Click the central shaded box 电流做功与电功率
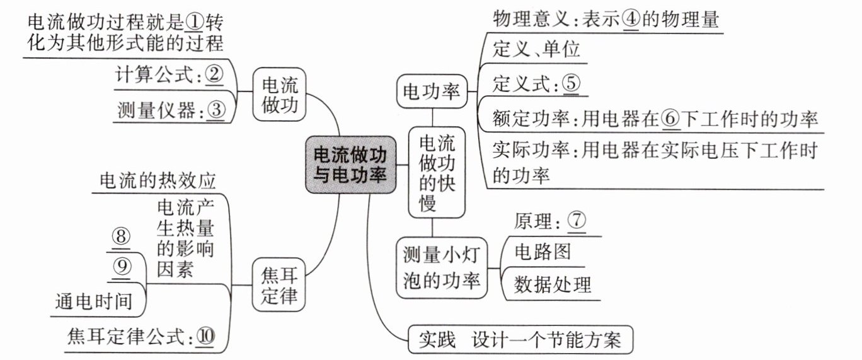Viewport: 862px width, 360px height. point(350,165)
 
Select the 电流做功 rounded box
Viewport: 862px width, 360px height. point(279,95)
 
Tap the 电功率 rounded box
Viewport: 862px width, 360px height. point(432,91)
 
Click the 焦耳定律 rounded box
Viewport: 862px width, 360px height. point(279,285)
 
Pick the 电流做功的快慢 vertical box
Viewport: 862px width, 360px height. point(437,172)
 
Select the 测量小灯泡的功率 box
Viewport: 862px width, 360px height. point(442,268)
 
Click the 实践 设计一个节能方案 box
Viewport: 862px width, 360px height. point(520,340)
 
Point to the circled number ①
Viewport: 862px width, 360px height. point(194,22)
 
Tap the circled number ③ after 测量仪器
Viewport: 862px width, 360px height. point(216,110)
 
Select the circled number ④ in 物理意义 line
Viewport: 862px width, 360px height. point(631,20)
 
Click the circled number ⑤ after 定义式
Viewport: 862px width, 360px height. point(572,83)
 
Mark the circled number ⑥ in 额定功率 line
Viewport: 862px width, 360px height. point(670,119)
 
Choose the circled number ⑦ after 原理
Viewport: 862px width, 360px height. point(577,220)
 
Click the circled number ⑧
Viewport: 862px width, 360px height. point(121,236)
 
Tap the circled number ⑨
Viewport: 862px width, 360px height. point(122,266)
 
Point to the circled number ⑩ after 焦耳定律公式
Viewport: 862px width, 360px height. point(205,336)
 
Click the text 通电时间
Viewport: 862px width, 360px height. point(94,301)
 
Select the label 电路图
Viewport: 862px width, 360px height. point(543,252)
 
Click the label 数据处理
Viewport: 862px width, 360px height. point(553,285)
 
